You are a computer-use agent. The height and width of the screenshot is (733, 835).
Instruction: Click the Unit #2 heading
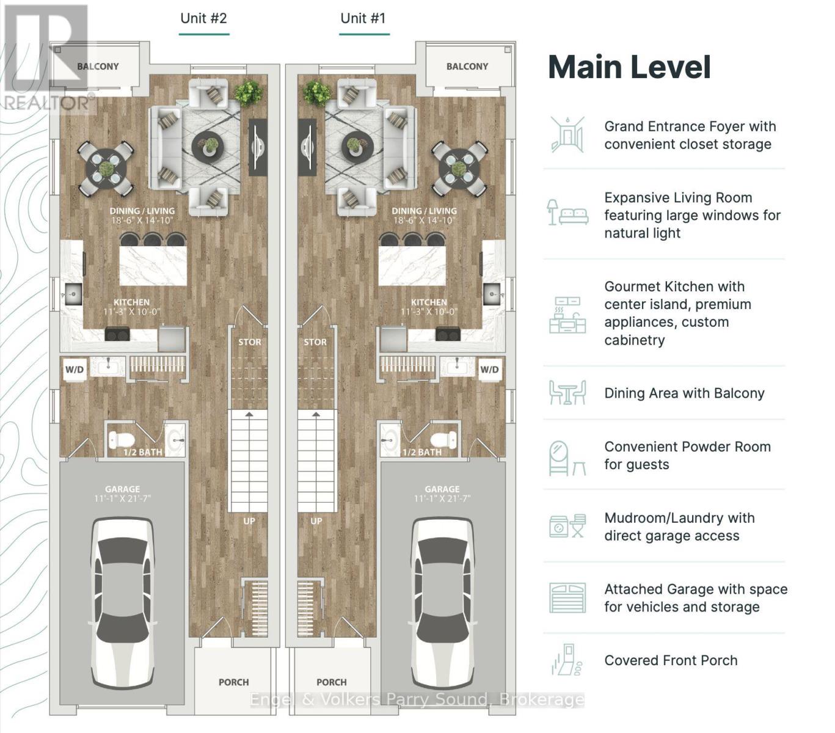pyautogui.click(x=203, y=18)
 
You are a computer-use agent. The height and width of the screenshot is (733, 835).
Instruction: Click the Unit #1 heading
pyautogui.click(x=363, y=18)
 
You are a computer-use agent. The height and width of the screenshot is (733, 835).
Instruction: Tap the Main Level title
pyautogui.click(x=629, y=67)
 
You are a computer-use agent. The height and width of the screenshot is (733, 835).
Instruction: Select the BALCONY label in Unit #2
pyautogui.click(x=98, y=67)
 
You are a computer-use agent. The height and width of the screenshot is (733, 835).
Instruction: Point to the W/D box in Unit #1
pyautogui.click(x=489, y=370)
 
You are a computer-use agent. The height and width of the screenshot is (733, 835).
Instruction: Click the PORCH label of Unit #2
pyautogui.click(x=234, y=682)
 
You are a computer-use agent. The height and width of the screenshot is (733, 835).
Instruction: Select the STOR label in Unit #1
pyautogui.click(x=315, y=342)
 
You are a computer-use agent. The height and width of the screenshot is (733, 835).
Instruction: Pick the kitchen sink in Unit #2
pyautogui.click(x=73, y=294)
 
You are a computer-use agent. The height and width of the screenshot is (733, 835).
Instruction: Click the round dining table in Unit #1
pyautogui.click(x=459, y=169)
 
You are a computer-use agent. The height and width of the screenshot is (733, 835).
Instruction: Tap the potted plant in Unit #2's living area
pyautogui.click(x=248, y=92)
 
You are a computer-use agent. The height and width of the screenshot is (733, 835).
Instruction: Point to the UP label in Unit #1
pyautogui.click(x=316, y=521)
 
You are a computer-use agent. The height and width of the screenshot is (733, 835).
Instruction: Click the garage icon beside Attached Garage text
pyautogui.click(x=567, y=598)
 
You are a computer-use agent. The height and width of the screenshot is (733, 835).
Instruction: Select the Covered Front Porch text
pyautogui.click(x=671, y=660)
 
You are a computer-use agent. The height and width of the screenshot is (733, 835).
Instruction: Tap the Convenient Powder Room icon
pyautogui.click(x=567, y=459)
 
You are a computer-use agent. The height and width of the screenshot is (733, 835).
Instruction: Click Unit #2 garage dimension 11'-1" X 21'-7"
pyautogui.click(x=122, y=499)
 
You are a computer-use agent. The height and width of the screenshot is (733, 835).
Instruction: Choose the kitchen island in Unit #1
pyautogui.click(x=412, y=266)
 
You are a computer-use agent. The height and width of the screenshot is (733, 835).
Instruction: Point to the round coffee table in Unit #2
pyautogui.click(x=208, y=147)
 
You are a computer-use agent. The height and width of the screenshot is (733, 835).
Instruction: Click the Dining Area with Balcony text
pyautogui.click(x=684, y=393)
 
